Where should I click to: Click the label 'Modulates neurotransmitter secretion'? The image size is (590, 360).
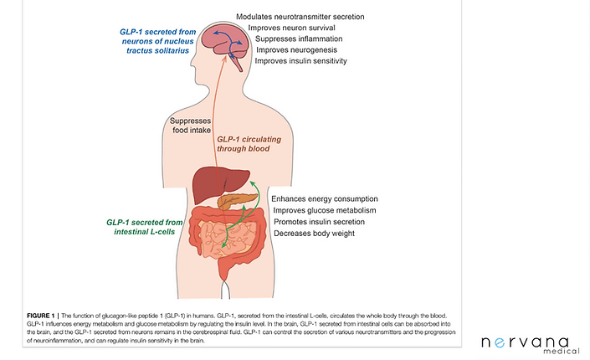pyautogui.click(x=300, y=17)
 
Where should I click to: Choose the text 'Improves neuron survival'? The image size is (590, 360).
pyautogui.click(x=286, y=28)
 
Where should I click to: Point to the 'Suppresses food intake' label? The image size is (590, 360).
pyautogui.click(x=195, y=125)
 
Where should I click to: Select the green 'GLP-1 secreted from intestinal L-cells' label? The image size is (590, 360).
pyautogui.click(x=141, y=227)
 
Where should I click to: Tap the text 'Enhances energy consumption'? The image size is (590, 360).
pyautogui.click(x=331, y=198)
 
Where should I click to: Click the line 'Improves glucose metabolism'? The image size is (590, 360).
pyautogui.click(x=330, y=210)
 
